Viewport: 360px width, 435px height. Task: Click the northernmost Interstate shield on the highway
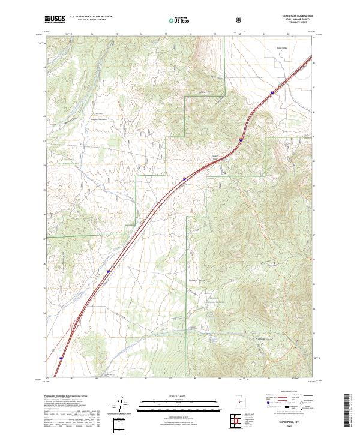pos(273,92)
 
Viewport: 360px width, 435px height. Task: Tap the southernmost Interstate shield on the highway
pos(61,359)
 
